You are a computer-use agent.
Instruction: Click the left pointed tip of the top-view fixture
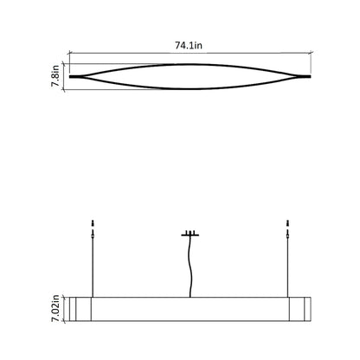coord(72,76)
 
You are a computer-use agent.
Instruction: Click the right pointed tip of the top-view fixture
coord(309,76)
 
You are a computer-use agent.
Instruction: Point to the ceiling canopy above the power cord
coord(190,234)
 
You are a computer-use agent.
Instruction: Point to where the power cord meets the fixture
coord(190,297)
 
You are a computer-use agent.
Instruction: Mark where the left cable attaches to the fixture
coord(92,297)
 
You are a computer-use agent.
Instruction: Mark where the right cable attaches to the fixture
coord(286,297)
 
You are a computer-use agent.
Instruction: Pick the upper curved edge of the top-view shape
coord(190,64)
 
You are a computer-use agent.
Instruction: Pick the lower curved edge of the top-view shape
coord(190,88)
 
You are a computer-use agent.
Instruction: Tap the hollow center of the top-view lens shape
coord(190,76)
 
